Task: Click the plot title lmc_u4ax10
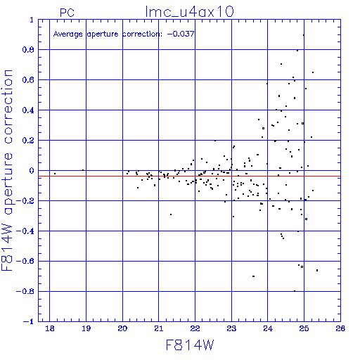[189, 12]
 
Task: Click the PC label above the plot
[67, 13]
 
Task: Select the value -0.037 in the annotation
[181, 34]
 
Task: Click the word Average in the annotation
[68, 34]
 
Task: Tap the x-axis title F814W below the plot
[190, 345]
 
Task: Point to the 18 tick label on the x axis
[50, 328]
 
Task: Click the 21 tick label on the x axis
[159, 328]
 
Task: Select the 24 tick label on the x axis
[268, 328]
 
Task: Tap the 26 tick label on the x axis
[340, 328]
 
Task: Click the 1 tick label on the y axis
[32, 20]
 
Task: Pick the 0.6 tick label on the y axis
[28, 80]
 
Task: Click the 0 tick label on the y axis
[32, 171]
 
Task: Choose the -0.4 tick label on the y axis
[25, 231]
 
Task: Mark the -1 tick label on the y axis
[29, 321]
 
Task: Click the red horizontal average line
[189, 176]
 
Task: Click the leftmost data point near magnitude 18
[55, 174]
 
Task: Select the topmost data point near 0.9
[304, 35]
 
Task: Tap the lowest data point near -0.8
[295, 291]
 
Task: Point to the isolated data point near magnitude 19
[83, 170]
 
